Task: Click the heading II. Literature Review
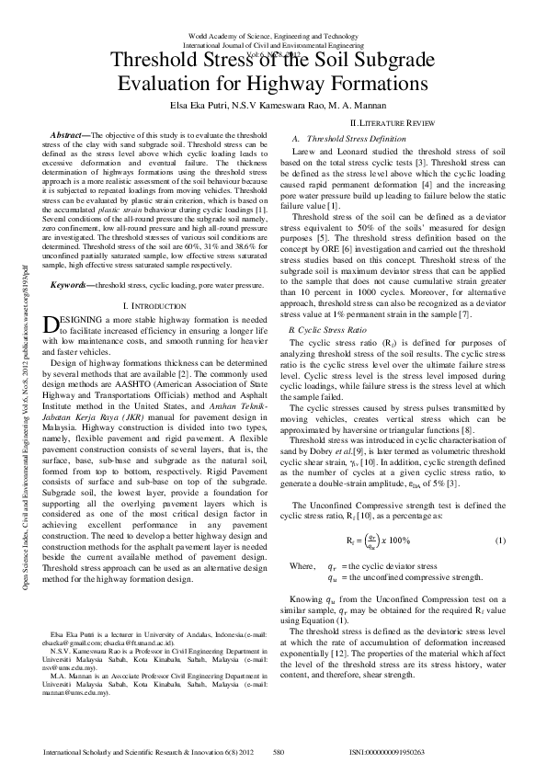tap(393, 122)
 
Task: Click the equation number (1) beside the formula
tap(500, 513)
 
